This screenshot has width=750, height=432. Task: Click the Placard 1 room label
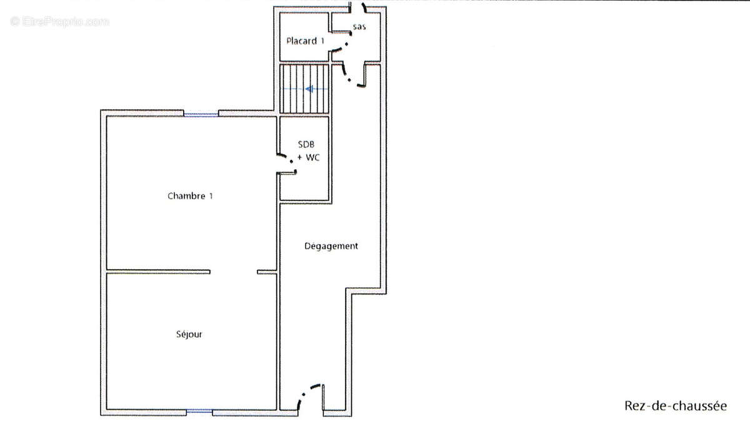tap(305, 41)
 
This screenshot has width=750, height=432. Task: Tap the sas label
tap(359, 27)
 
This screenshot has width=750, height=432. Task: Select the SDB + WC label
tap(308, 151)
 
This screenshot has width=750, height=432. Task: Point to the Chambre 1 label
tap(190, 196)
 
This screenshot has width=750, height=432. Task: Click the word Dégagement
tap(331, 246)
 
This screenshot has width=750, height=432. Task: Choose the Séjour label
tap(189, 335)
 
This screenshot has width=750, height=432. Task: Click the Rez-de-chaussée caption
tap(676, 406)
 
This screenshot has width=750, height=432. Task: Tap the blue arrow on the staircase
tap(306, 89)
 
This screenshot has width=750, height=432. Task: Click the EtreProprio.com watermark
tap(59, 22)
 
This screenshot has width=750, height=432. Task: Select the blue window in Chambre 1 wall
tap(201, 115)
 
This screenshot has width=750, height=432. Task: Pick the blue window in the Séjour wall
tap(199, 411)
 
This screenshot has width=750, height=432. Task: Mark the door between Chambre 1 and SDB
tap(287, 164)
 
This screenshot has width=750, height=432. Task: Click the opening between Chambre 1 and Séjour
tap(234, 272)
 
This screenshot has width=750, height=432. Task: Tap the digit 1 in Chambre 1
tap(211, 196)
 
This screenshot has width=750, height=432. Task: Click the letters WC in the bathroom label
tap(312, 157)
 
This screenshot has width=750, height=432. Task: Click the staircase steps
tap(304, 89)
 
